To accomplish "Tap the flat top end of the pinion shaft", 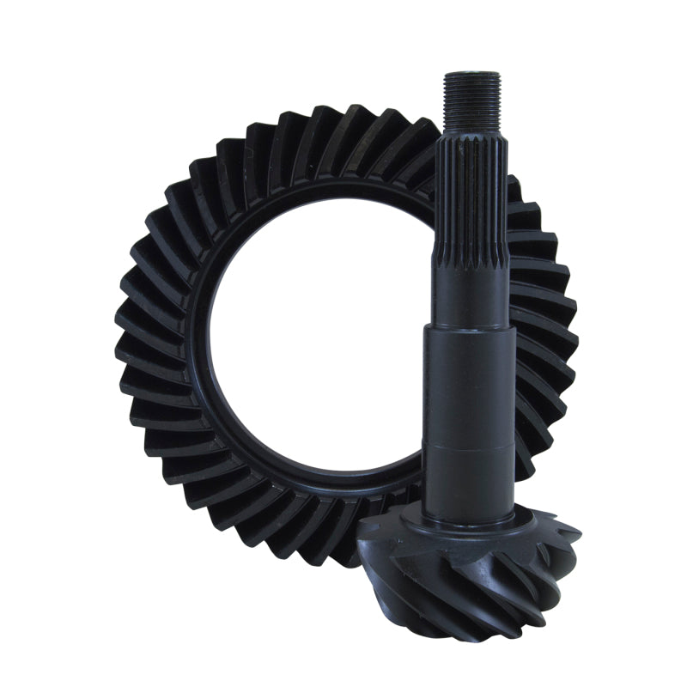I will point(471,74).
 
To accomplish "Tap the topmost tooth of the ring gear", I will point(343,116).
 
